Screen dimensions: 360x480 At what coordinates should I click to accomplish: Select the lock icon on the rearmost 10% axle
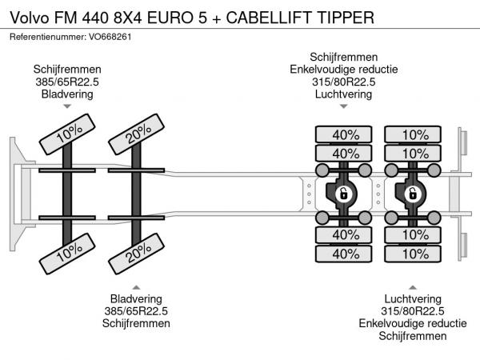coord(414,194)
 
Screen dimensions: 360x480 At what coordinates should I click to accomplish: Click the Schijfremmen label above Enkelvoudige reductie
coord(344,57)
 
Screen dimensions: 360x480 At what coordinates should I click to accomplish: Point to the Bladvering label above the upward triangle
coord(136,300)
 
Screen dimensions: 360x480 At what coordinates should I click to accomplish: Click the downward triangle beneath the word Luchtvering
coord(344,106)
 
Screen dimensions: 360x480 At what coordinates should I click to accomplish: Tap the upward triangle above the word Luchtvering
coord(413,286)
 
